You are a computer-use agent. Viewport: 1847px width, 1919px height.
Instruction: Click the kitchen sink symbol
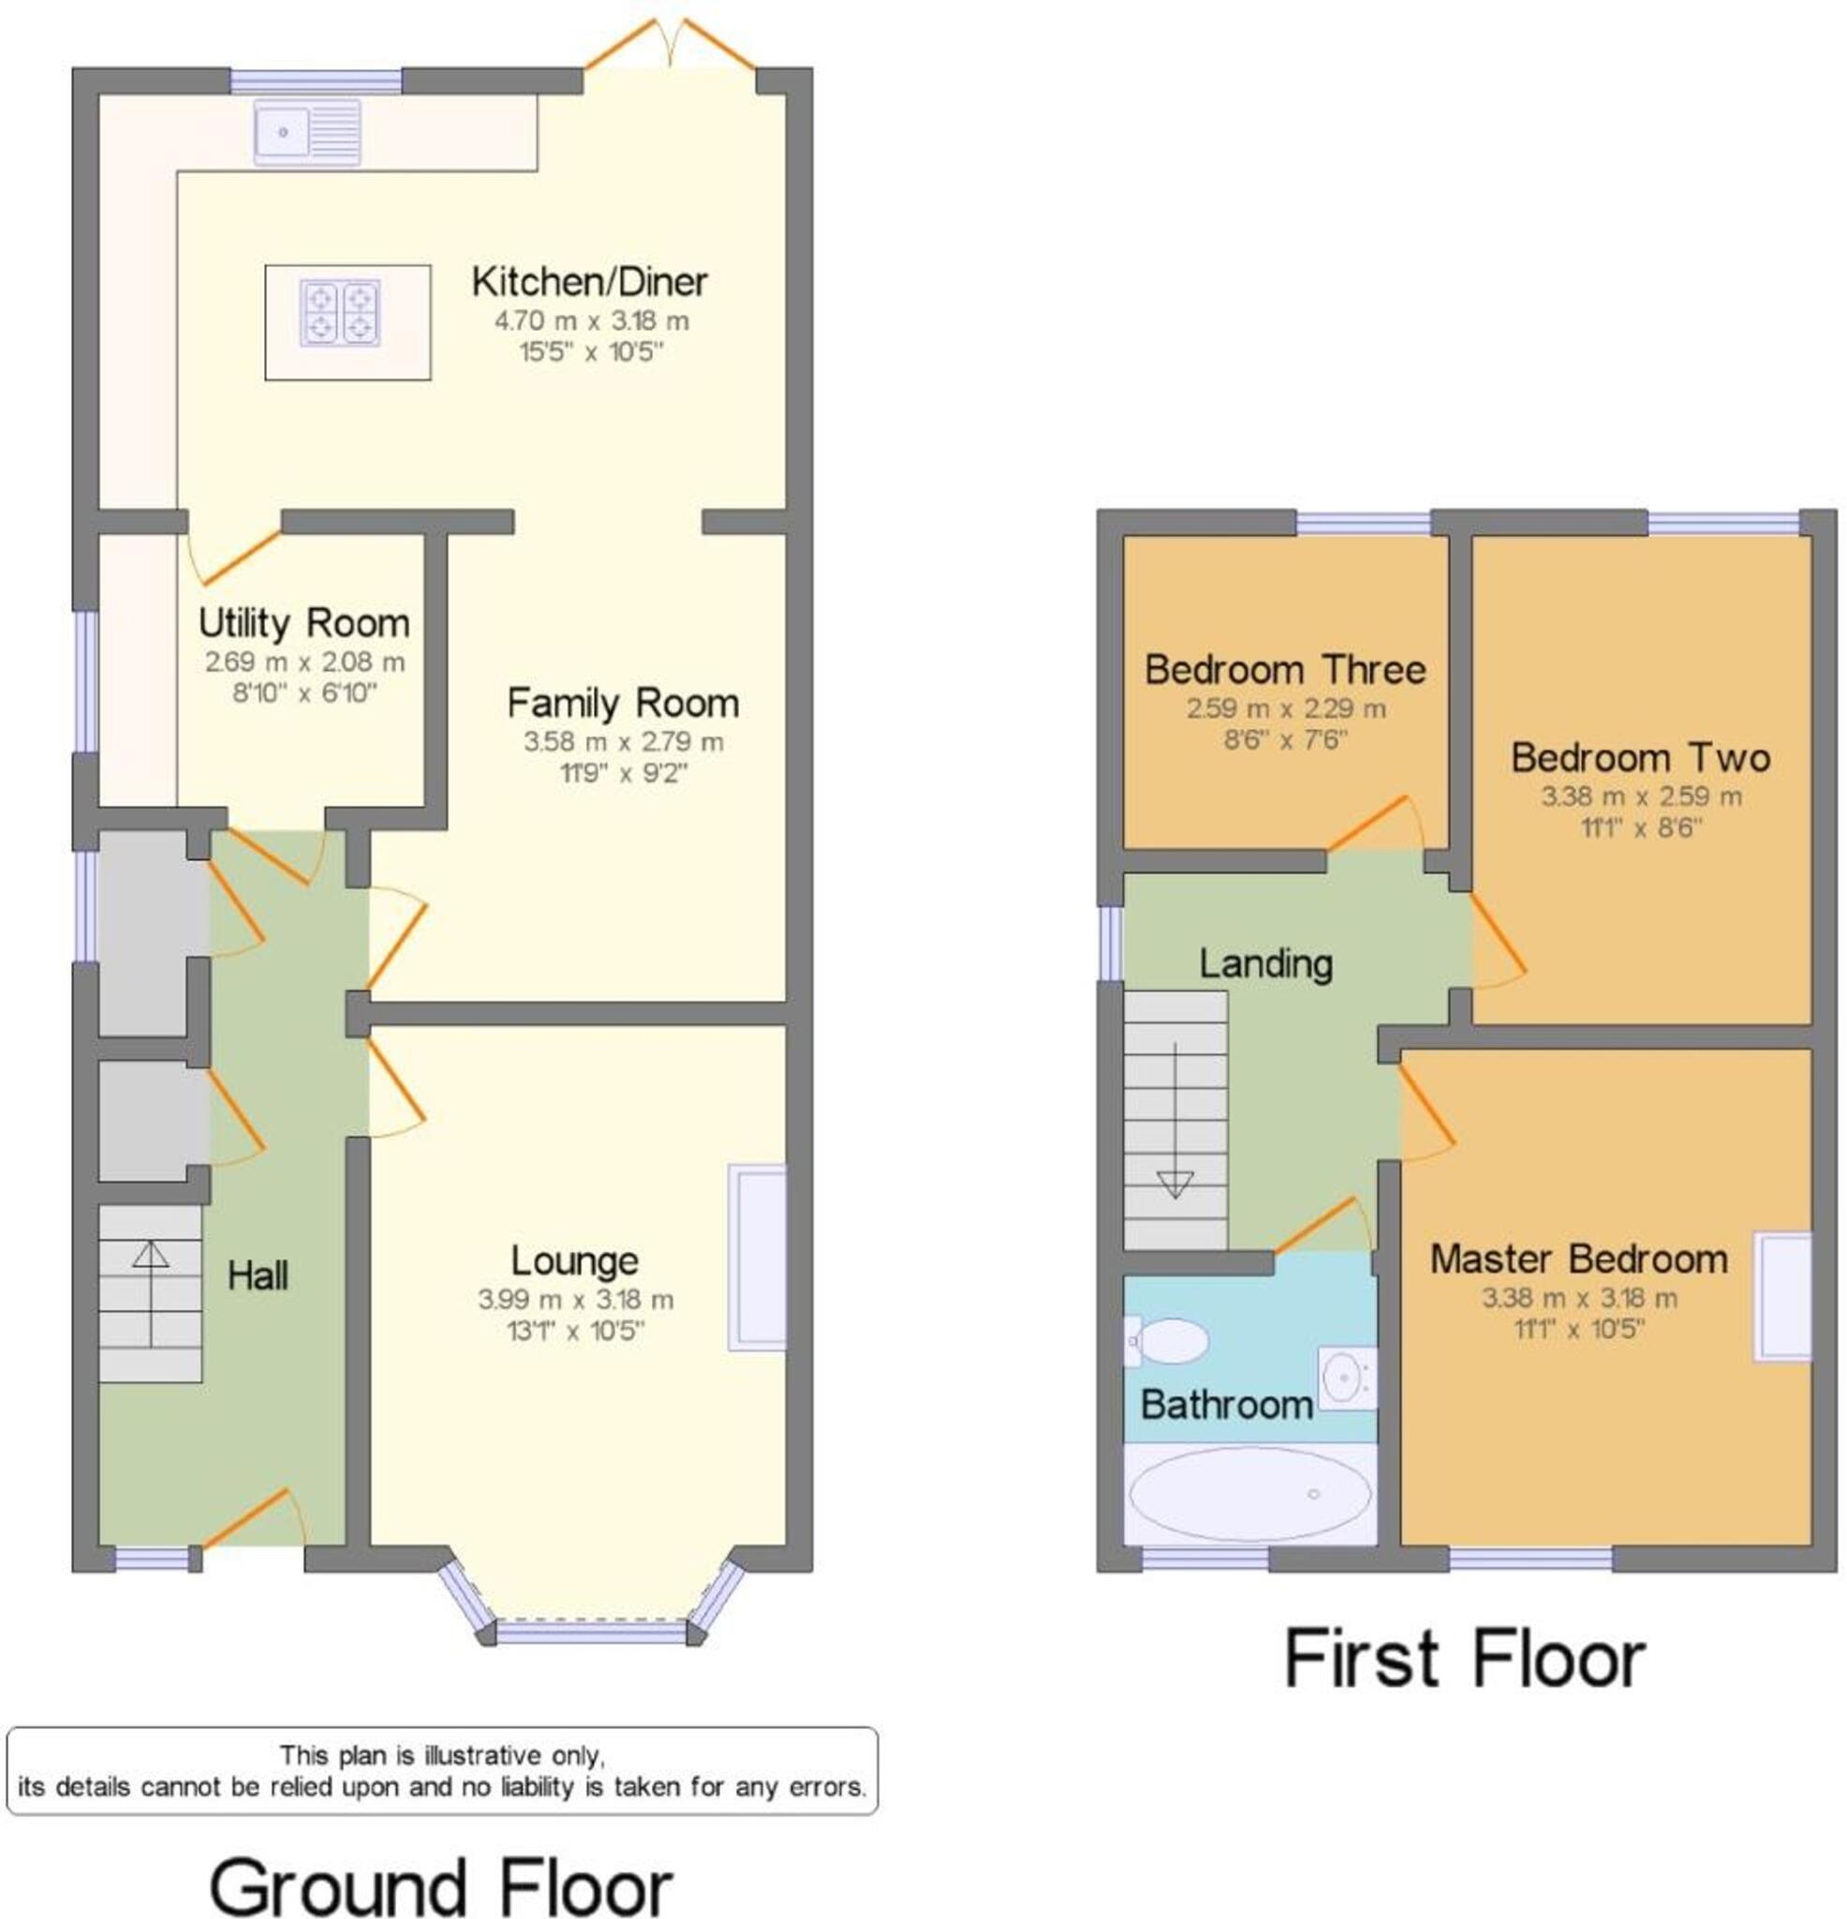click(x=306, y=132)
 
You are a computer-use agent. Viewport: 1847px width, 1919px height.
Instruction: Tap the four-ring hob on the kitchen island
click(x=340, y=313)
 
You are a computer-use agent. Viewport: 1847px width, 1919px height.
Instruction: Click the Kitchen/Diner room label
click(x=589, y=282)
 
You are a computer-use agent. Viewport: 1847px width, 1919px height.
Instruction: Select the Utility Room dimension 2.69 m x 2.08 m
click(x=304, y=662)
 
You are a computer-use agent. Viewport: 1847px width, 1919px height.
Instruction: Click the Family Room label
click(x=623, y=704)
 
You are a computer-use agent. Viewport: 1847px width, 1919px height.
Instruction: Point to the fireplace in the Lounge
click(x=757, y=1257)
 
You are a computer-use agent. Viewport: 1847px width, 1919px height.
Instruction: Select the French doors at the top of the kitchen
click(x=671, y=44)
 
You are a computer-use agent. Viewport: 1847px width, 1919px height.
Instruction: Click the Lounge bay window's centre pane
click(x=591, y=1632)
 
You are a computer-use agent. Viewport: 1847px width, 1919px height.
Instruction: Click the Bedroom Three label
click(x=1285, y=671)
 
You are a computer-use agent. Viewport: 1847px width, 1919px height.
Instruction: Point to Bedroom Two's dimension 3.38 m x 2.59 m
click(x=1642, y=797)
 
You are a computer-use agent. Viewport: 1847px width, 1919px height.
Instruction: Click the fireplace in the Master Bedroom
click(x=1782, y=1297)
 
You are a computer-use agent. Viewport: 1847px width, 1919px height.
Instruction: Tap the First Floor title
click(x=1464, y=1659)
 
